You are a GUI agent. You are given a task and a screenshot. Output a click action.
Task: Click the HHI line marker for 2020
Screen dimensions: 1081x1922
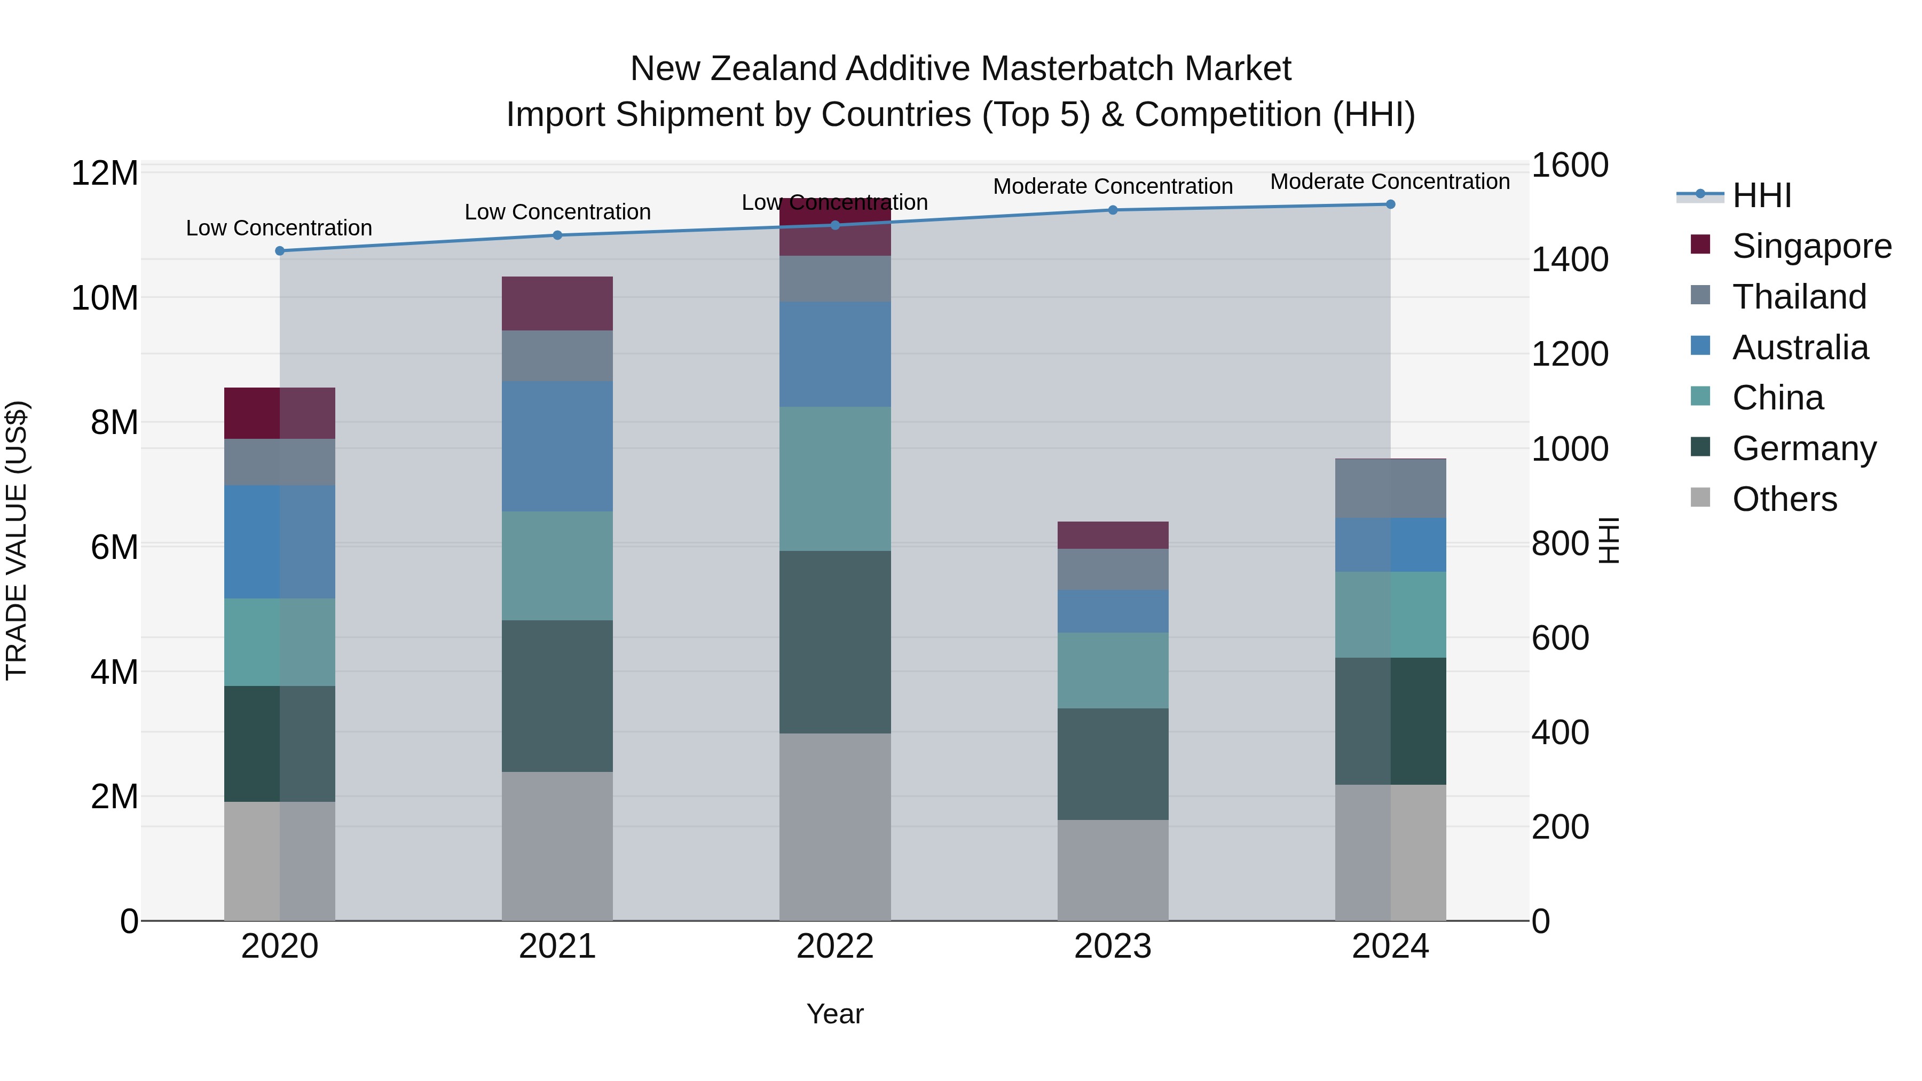click(280, 251)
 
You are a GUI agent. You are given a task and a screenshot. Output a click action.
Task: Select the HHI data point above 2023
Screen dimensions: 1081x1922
click(1113, 210)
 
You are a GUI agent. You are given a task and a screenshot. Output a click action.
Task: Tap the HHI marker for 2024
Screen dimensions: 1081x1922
click(1390, 204)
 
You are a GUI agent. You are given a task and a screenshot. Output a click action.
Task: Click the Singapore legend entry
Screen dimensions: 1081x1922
click(1811, 246)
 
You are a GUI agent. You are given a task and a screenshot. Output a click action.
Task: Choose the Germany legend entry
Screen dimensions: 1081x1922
click(1803, 448)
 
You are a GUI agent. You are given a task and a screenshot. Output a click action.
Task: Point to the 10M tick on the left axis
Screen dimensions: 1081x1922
click(105, 298)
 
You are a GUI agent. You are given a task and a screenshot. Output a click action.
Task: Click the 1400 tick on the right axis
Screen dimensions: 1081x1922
click(1569, 259)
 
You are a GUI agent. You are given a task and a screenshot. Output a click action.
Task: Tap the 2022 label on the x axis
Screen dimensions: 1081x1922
click(835, 946)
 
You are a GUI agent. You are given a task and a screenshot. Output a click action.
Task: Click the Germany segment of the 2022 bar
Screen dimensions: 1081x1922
click(835, 642)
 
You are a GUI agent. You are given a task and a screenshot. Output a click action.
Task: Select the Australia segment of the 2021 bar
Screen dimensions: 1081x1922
click(557, 446)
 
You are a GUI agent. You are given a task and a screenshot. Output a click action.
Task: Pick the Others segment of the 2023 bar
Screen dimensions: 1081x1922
click(1113, 870)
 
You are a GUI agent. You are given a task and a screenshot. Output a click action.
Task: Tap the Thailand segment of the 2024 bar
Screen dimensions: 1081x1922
click(1390, 488)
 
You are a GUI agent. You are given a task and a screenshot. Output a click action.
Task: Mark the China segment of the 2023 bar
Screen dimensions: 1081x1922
click(1113, 670)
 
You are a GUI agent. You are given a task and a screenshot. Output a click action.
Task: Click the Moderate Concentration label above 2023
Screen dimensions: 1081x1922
click(1113, 186)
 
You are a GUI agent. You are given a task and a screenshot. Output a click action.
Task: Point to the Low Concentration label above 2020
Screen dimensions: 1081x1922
click(279, 228)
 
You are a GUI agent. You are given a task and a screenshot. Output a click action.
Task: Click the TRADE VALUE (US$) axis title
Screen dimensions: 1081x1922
click(17, 540)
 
